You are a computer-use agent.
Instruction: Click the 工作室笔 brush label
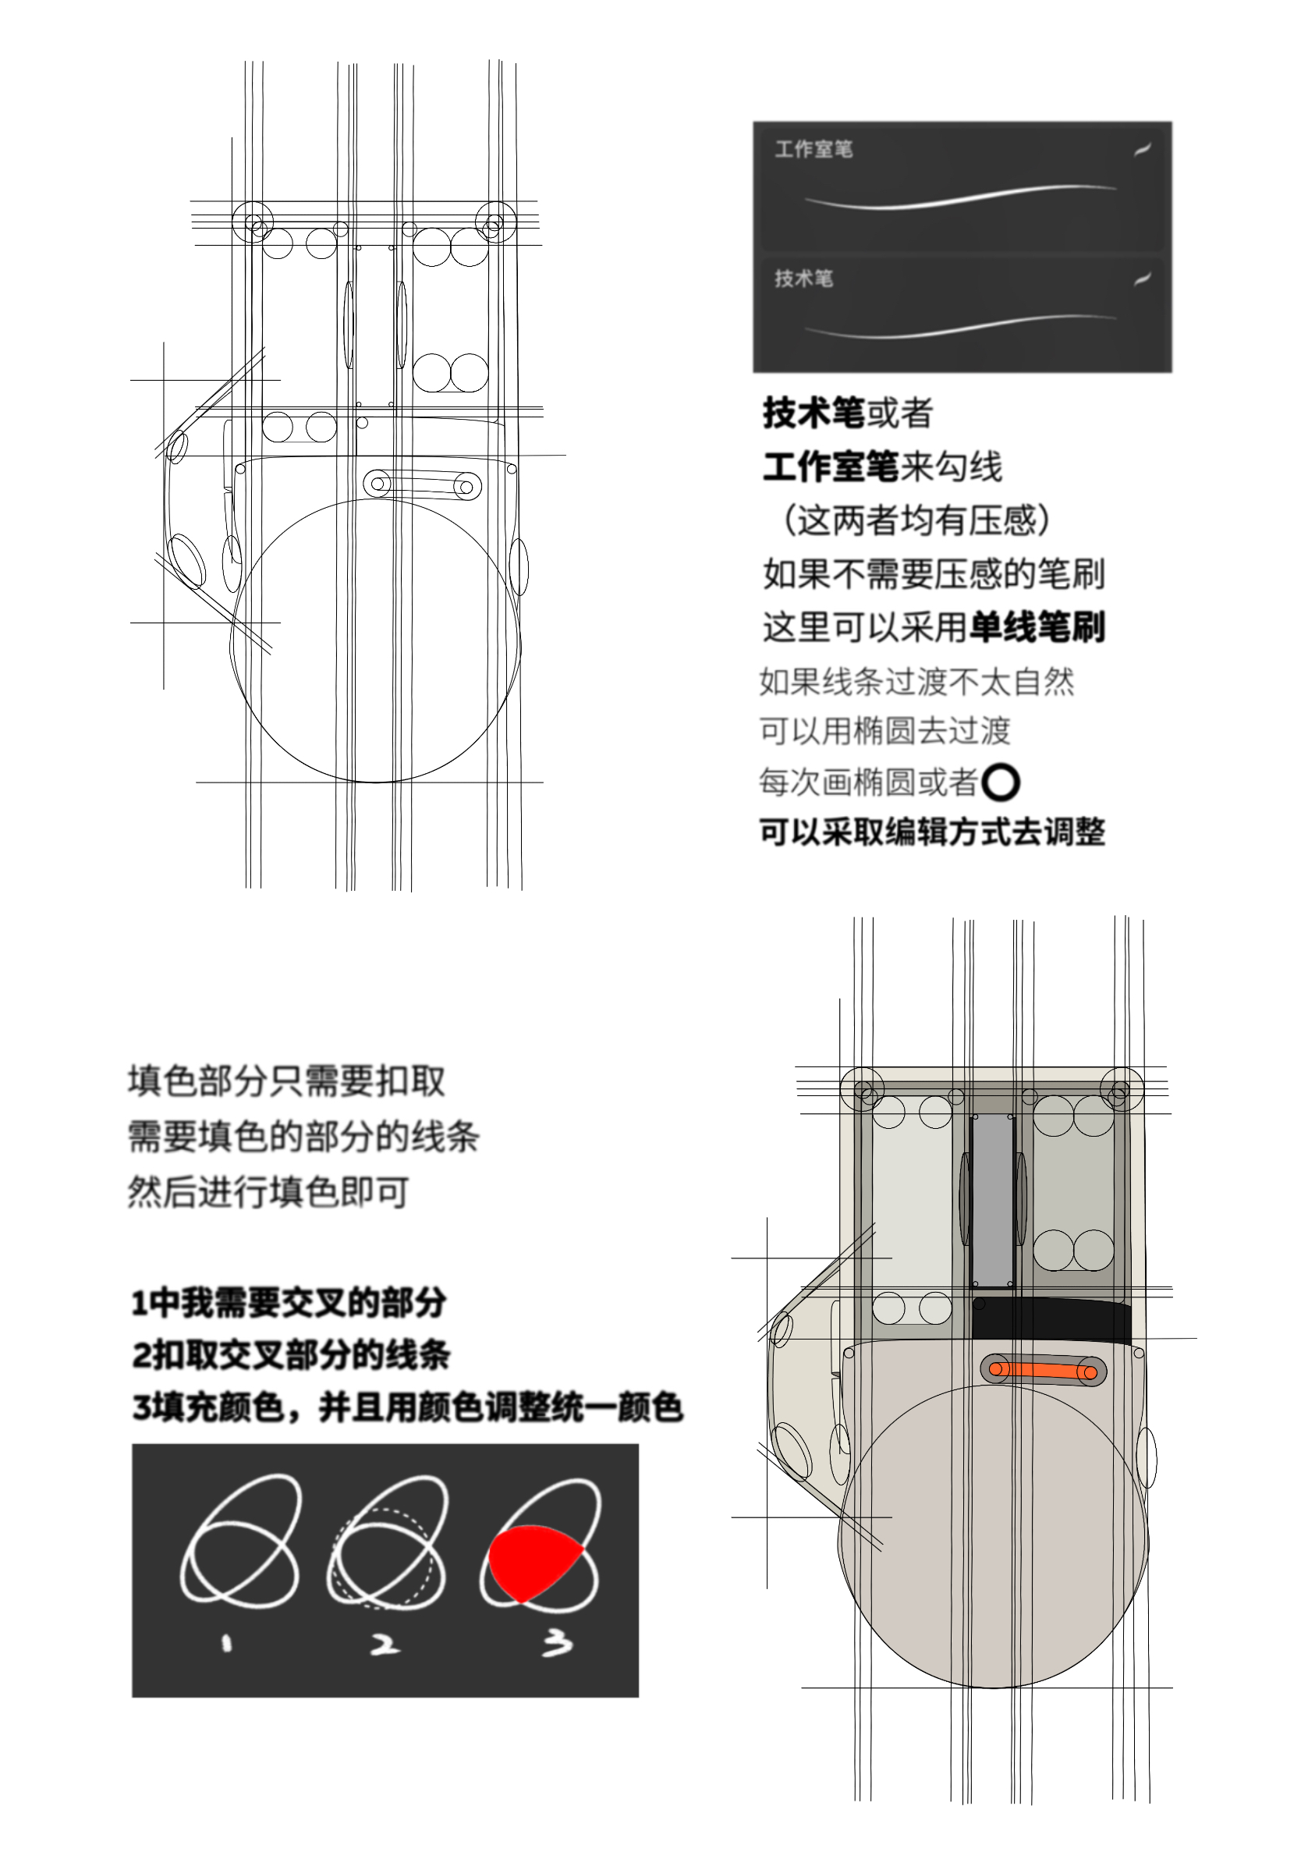click(813, 149)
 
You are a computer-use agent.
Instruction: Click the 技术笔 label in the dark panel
click(803, 279)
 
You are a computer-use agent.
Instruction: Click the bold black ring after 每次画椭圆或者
click(999, 782)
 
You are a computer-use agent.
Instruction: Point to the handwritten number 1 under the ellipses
click(226, 1643)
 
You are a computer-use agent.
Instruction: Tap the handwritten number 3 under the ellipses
click(557, 1644)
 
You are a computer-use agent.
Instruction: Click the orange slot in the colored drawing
click(1042, 1371)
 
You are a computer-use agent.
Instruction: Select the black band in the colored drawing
click(1051, 1319)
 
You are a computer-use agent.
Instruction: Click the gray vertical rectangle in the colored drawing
click(992, 1200)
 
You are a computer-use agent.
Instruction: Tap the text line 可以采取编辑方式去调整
click(931, 832)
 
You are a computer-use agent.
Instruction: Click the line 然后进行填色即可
click(268, 1192)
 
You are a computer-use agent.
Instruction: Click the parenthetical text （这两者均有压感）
click(915, 520)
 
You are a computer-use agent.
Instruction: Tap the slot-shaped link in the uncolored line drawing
click(421, 485)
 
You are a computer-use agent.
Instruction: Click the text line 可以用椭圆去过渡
click(884, 731)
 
